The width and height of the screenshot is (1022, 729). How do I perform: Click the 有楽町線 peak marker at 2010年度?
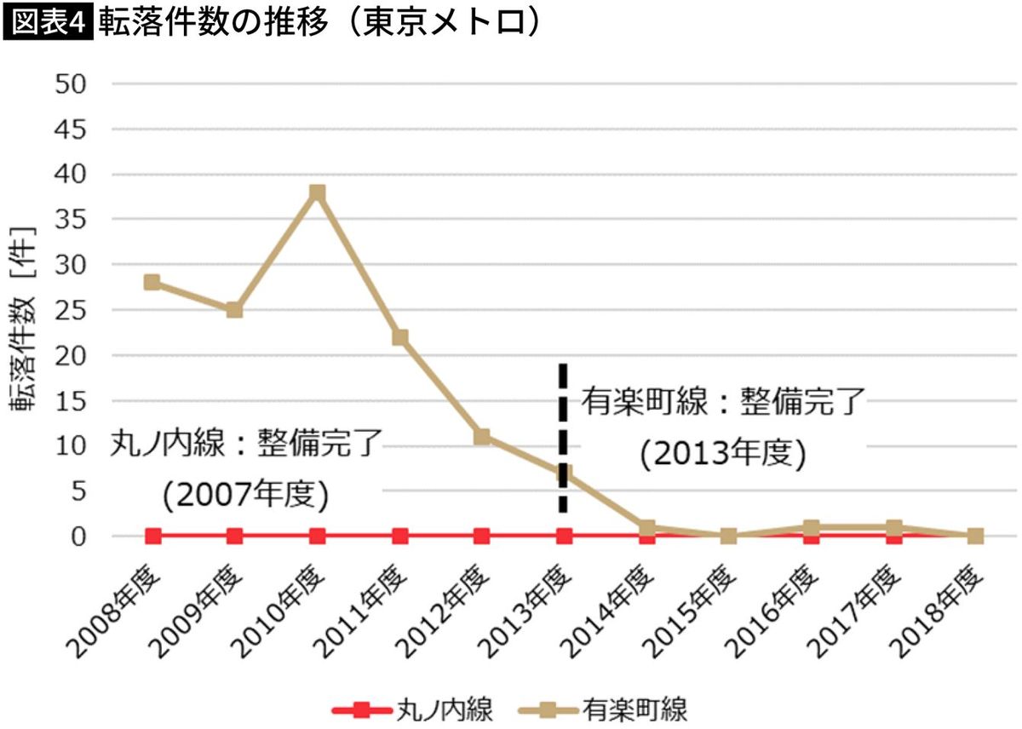click(x=317, y=192)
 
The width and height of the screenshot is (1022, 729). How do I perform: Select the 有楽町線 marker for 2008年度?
click(x=152, y=283)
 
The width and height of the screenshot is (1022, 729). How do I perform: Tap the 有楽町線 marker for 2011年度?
click(x=399, y=338)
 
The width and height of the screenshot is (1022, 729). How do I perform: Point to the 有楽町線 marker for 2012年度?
click(x=482, y=437)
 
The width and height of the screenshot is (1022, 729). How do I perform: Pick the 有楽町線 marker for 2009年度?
click(x=234, y=310)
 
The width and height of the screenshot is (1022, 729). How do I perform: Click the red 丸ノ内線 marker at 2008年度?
click(x=153, y=537)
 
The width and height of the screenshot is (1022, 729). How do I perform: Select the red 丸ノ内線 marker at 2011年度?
click(x=399, y=537)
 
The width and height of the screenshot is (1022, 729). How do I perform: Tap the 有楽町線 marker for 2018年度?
click(x=975, y=537)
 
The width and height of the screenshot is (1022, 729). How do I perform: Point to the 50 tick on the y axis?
click(x=70, y=83)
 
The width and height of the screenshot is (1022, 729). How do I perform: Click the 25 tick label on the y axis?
click(x=70, y=310)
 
